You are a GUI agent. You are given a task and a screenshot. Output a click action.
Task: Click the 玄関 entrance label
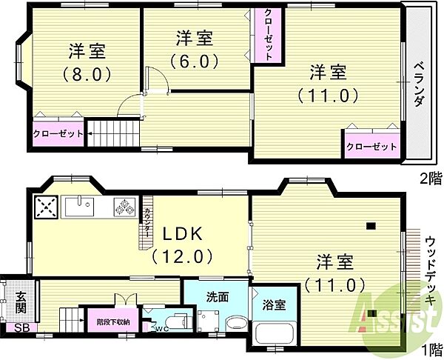click(x=21, y=302)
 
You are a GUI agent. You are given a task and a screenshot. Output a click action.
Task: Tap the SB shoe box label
click(x=22, y=328)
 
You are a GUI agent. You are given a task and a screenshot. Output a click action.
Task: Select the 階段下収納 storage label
click(x=113, y=322)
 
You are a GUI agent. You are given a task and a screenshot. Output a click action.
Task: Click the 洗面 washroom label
click(x=217, y=297)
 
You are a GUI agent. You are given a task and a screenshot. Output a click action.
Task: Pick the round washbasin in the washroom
click(x=237, y=324)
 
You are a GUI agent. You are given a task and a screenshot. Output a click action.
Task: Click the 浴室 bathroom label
click(x=274, y=305)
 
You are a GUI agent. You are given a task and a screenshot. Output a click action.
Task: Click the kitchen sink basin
click(x=80, y=207)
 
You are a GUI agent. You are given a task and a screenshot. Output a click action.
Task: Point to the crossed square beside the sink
click(x=46, y=207)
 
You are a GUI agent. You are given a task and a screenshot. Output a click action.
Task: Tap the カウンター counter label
click(x=147, y=223)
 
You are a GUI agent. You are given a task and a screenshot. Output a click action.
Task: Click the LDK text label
click(x=182, y=234)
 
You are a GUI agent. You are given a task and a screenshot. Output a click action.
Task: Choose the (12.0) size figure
click(x=182, y=256)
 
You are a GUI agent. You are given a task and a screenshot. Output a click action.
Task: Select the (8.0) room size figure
click(x=87, y=75)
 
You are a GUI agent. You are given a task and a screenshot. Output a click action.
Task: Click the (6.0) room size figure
click(x=195, y=61)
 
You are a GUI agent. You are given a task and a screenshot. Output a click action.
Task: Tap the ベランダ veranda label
click(x=419, y=84)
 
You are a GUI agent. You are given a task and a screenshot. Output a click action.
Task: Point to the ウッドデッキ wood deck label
click(x=431, y=270)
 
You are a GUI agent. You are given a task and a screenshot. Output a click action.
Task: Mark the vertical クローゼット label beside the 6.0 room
click(x=269, y=34)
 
